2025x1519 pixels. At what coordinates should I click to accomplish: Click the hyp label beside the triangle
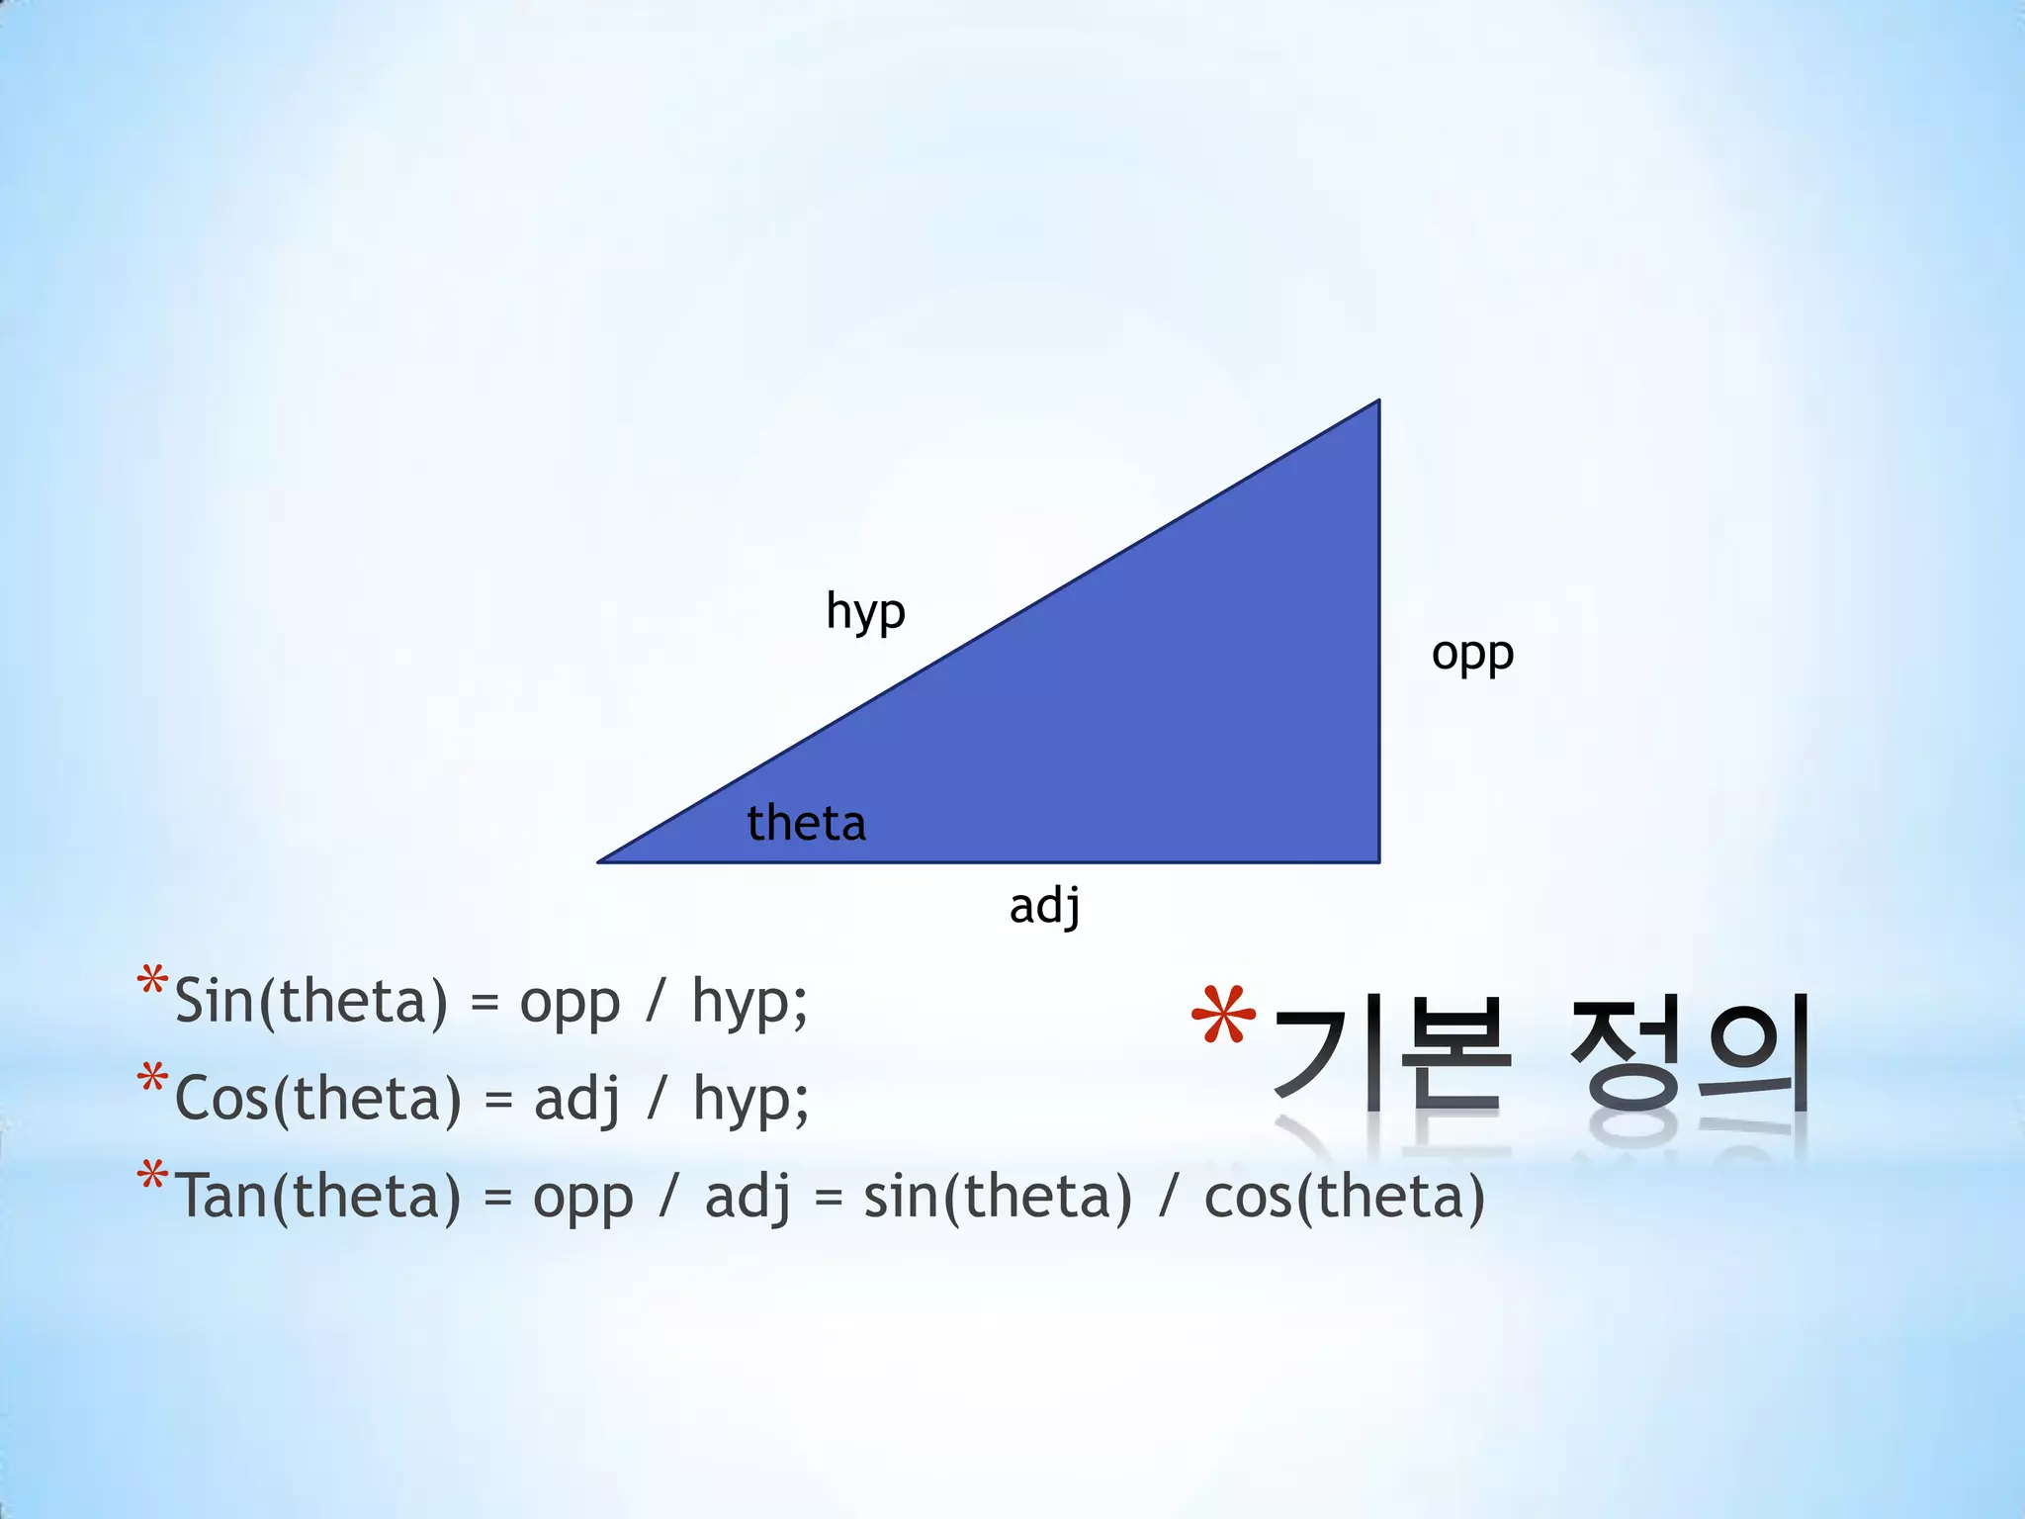(865, 612)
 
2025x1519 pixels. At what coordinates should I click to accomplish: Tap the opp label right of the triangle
(1472, 655)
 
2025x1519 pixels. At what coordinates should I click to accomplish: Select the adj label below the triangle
(1044, 906)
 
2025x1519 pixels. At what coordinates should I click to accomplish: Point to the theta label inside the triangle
(806, 823)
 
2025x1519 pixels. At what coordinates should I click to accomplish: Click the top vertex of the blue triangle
(1377, 402)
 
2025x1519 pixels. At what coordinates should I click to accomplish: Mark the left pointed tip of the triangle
(601, 861)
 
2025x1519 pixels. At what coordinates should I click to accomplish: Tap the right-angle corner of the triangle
(1377, 860)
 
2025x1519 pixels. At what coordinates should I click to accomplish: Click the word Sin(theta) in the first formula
(310, 1001)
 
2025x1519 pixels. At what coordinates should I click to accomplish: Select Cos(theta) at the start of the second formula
(317, 1099)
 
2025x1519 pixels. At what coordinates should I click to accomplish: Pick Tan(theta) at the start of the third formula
(317, 1196)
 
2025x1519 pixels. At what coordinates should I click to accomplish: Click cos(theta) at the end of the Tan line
(1344, 1196)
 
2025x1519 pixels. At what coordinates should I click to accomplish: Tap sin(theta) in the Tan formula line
(997, 1196)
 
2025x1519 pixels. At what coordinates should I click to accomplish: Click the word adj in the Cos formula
(577, 1099)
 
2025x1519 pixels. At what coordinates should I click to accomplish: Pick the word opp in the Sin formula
(570, 1003)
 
